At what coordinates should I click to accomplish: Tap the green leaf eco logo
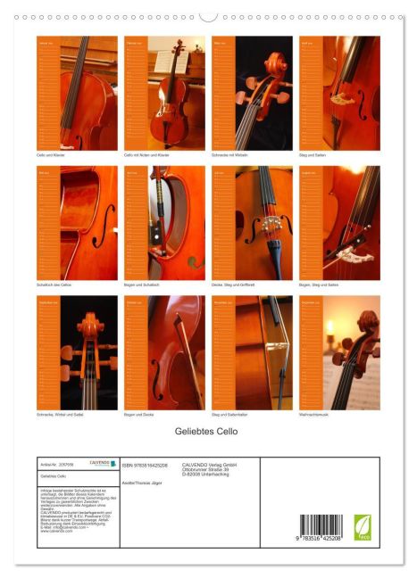pyautogui.click(x=362, y=526)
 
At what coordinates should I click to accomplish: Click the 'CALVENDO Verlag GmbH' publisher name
pyautogui.click(x=211, y=465)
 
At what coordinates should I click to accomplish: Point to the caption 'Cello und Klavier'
pyautogui.click(x=52, y=155)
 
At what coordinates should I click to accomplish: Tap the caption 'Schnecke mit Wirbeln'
pyautogui.click(x=230, y=155)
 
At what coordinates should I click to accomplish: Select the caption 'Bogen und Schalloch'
pyautogui.click(x=143, y=285)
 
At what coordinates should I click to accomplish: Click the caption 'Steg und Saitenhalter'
pyautogui.click(x=230, y=415)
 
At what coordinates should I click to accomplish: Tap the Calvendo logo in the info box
pyautogui.click(x=100, y=464)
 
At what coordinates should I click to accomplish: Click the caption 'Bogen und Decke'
pyautogui.click(x=140, y=415)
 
